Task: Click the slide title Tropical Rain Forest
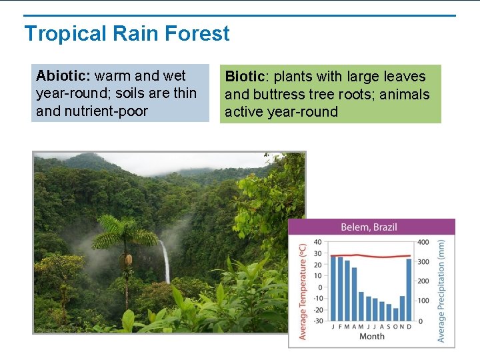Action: tap(127, 33)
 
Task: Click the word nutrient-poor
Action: tap(110, 111)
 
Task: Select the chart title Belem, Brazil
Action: tap(369, 227)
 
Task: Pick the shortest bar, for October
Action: tap(395, 314)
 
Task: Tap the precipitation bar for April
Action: tap(354, 293)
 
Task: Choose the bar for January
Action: tap(334, 288)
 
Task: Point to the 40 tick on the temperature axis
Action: tap(317, 243)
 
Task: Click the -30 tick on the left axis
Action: tap(317, 321)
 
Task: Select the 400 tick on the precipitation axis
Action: tap(423, 243)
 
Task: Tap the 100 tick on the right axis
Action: tap(423, 301)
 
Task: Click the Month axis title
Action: tap(371, 337)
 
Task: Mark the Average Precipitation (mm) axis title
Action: tap(441, 291)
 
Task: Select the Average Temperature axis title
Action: tap(303, 291)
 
